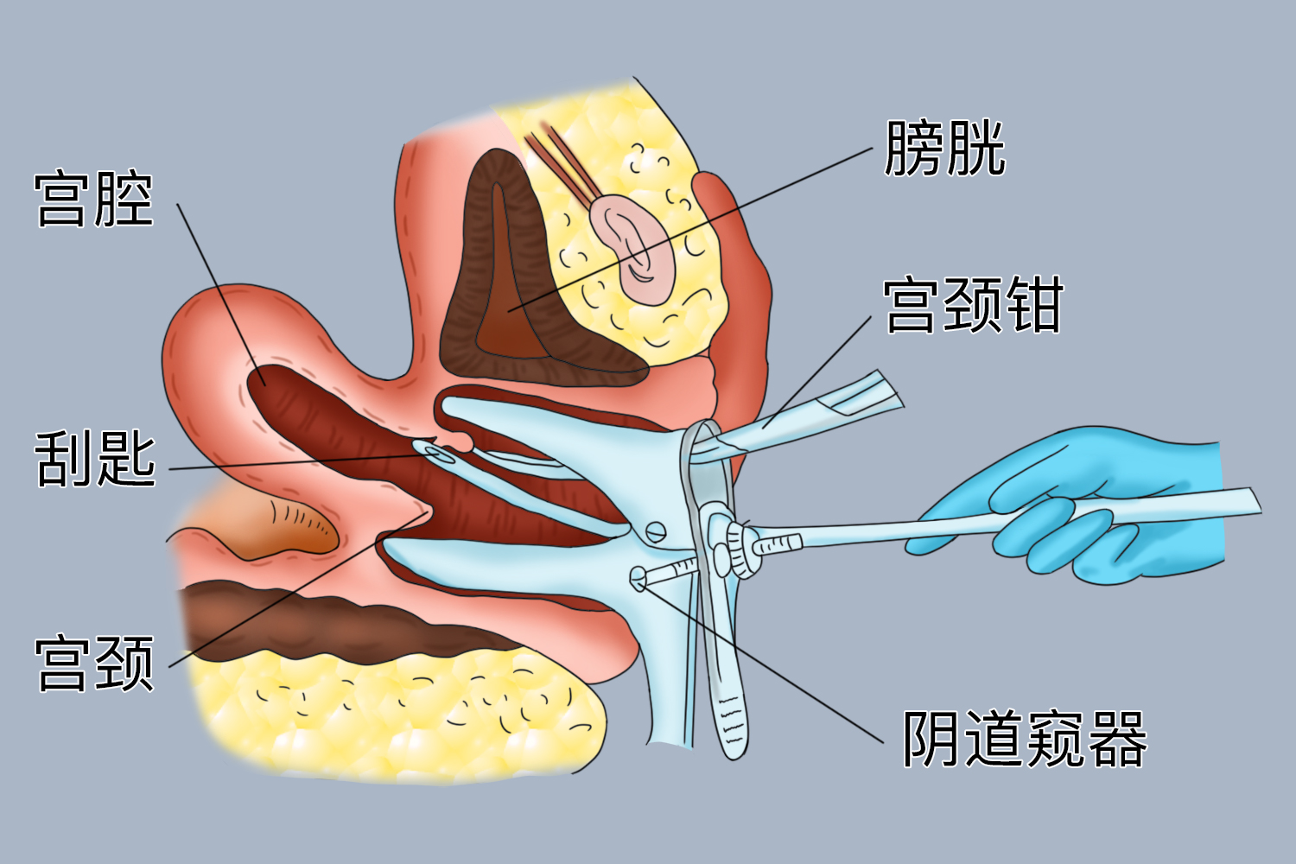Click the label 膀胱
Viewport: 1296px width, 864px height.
[944, 149]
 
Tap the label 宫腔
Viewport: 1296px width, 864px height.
[94, 200]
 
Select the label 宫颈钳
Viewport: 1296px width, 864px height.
[972, 305]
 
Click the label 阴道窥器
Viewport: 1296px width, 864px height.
[1024, 740]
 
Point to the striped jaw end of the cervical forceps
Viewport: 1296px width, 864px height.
[864, 393]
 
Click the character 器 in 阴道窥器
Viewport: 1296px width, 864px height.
[1118, 740]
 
